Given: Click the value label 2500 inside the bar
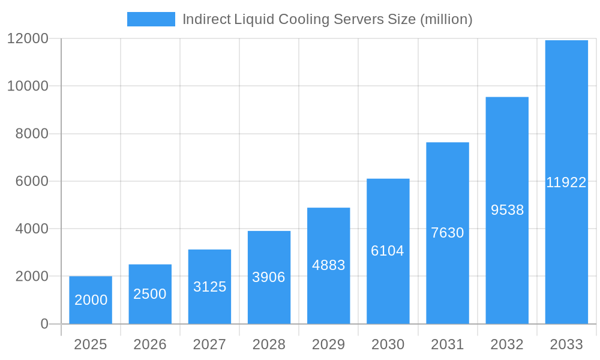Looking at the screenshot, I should (x=150, y=294).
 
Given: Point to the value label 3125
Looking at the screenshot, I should (x=209, y=287).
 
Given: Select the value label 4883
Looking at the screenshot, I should (x=328, y=265).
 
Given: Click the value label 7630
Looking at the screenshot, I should (x=448, y=233).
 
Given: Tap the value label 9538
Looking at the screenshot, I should (x=507, y=210).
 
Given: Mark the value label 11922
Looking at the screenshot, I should (x=566, y=183).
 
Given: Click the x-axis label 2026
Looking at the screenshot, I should (x=150, y=344).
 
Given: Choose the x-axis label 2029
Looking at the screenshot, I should (x=328, y=344).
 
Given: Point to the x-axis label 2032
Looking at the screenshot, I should (x=507, y=344).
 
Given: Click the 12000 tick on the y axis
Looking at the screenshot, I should (x=27, y=38).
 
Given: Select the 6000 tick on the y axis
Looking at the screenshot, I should (x=31, y=181).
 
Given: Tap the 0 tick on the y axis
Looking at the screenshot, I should (x=44, y=324).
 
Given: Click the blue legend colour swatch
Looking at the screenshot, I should (x=151, y=19).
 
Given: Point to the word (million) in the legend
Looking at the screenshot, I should (x=446, y=19).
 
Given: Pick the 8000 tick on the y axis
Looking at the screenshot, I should (x=31, y=134).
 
